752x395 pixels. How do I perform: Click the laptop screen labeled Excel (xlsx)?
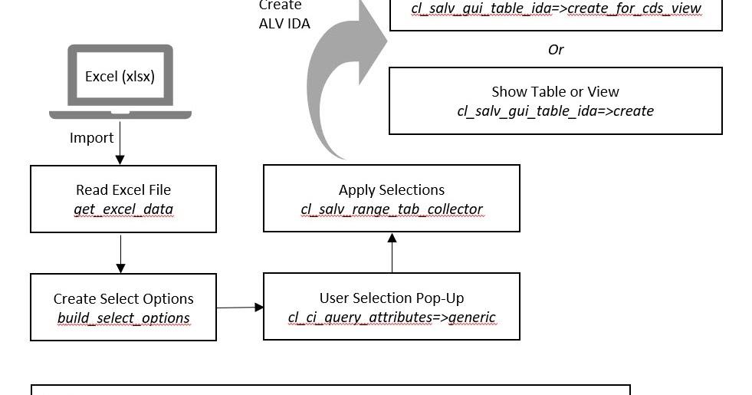click(120, 77)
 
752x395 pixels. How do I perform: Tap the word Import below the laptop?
click(91, 138)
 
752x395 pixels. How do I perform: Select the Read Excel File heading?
click(123, 189)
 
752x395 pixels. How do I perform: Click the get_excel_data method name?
click(123, 209)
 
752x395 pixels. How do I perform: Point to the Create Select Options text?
click(123, 298)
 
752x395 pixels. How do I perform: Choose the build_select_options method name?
click(123, 318)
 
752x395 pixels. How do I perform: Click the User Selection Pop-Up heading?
click(392, 298)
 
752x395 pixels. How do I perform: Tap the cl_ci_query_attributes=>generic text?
click(392, 317)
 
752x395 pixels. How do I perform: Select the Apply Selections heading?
click(392, 189)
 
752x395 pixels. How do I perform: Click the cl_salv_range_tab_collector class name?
click(392, 209)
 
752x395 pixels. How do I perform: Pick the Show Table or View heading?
click(555, 92)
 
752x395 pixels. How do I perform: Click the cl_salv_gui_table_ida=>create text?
click(555, 111)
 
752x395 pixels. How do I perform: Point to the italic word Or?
click(556, 50)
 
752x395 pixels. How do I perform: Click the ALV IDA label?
click(284, 24)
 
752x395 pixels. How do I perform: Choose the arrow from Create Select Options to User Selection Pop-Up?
click(239, 308)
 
